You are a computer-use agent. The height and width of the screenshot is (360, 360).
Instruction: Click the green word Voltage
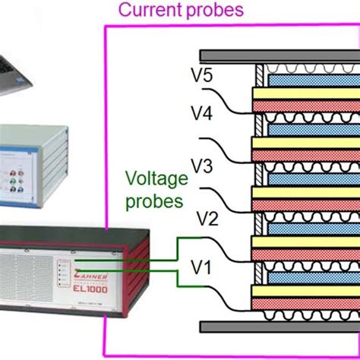(155, 181)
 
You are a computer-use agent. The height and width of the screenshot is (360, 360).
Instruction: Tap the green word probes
(155, 201)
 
